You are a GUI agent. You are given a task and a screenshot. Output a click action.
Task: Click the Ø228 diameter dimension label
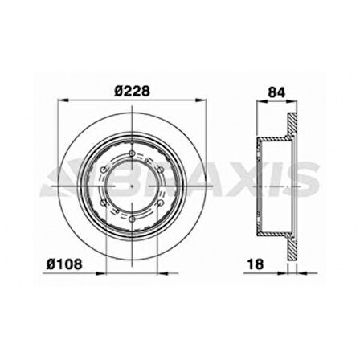tap(132, 92)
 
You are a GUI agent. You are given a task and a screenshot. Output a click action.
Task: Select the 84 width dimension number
tap(277, 92)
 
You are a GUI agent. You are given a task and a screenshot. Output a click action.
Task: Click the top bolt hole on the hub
tap(132, 153)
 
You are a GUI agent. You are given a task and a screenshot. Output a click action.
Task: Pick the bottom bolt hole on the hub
tap(132, 219)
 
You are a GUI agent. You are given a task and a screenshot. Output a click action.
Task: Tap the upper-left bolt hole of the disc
tap(104, 170)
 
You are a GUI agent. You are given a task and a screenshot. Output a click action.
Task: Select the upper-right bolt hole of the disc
tap(160, 170)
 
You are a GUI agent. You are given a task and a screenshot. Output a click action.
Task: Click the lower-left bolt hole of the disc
tap(104, 203)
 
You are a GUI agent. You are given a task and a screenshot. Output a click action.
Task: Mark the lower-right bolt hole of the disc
tap(160, 203)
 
